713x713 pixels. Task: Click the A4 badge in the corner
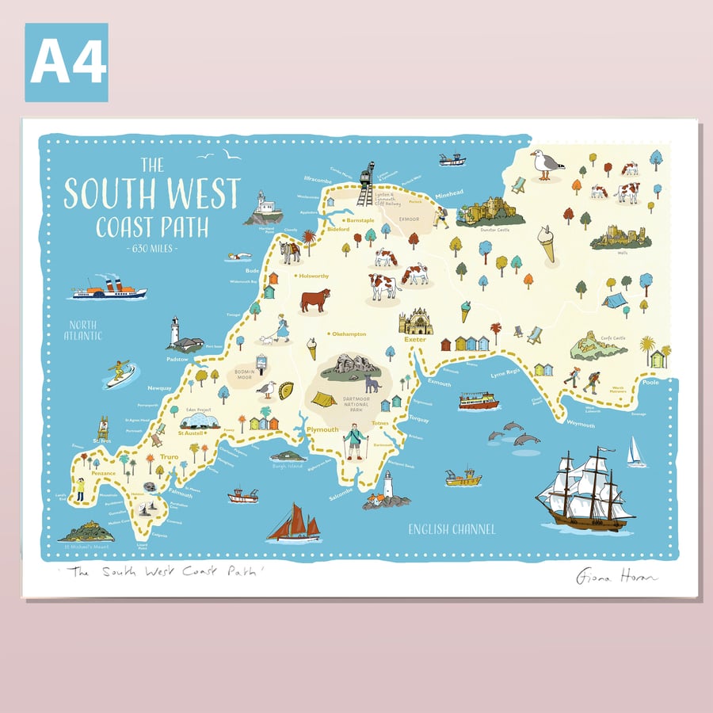pyautogui.click(x=67, y=63)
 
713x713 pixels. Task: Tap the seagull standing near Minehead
pyautogui.click(x=546, y=164)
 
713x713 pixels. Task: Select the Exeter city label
pyautogui.click(x=415, y=340)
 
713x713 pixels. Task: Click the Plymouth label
pyautogui.click(x=322, y=429)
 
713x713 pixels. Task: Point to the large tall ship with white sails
pyautogui.click(x=585, y=490)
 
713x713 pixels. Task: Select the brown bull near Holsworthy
pyautogui.click(x=315, y=299)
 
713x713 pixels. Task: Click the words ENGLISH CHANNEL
pyautogui.click(x=452, y=529)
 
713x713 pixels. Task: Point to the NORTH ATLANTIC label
pyautogui.click(x=85, y=330)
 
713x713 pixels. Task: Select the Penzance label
pyautogui.click(x=103, y=473)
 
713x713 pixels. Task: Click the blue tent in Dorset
pyautogui.click(x=615, y=299)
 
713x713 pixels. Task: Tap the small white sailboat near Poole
pyautogui.click(x=635, y=452)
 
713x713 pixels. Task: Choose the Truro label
pyautogui.click(x=170, y=458)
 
